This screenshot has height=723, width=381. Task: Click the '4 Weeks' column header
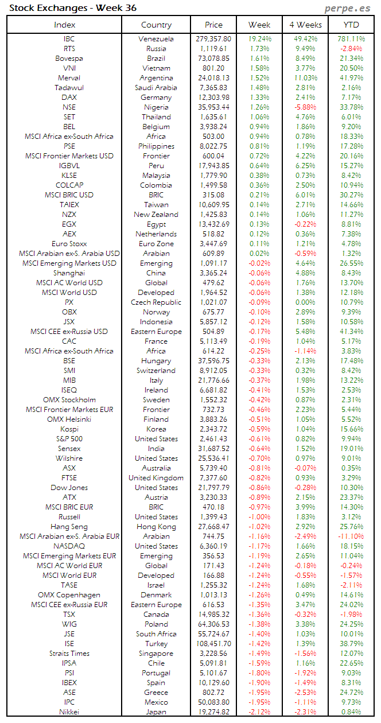[305, 25]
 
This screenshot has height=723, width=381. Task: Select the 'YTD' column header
[351, 25]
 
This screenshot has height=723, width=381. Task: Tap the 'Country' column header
[156, 25]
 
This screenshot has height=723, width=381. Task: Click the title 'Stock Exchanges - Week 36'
[72, 8]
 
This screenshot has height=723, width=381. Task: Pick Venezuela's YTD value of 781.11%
[351, 39]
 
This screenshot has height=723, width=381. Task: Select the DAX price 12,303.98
[213, 98]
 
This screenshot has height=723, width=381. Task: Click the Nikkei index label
[69, 712]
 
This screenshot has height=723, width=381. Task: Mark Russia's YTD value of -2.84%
[351, 49]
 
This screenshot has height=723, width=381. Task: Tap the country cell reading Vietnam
[156, 68]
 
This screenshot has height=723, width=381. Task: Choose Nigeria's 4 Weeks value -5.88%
[305, 107]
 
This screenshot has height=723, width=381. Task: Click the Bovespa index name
[69, 59]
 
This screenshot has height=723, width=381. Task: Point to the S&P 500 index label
[69, 439]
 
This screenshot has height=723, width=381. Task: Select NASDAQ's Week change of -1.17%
[259, 546]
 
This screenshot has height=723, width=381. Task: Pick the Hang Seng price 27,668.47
[213, 527]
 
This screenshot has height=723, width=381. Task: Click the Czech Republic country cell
[156, 302]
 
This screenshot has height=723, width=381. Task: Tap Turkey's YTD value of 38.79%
[351, 644]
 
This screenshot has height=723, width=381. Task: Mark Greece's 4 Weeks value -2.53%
[305, 693]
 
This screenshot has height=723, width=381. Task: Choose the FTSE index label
[69, 478]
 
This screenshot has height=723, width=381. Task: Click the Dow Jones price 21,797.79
[213, 488]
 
